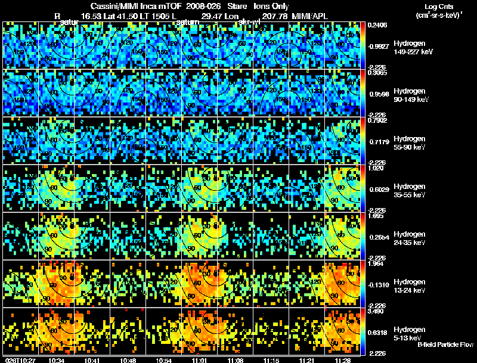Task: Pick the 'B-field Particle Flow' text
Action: click(x=445, y=345)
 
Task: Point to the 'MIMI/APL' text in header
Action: click(x=308, y=17)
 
